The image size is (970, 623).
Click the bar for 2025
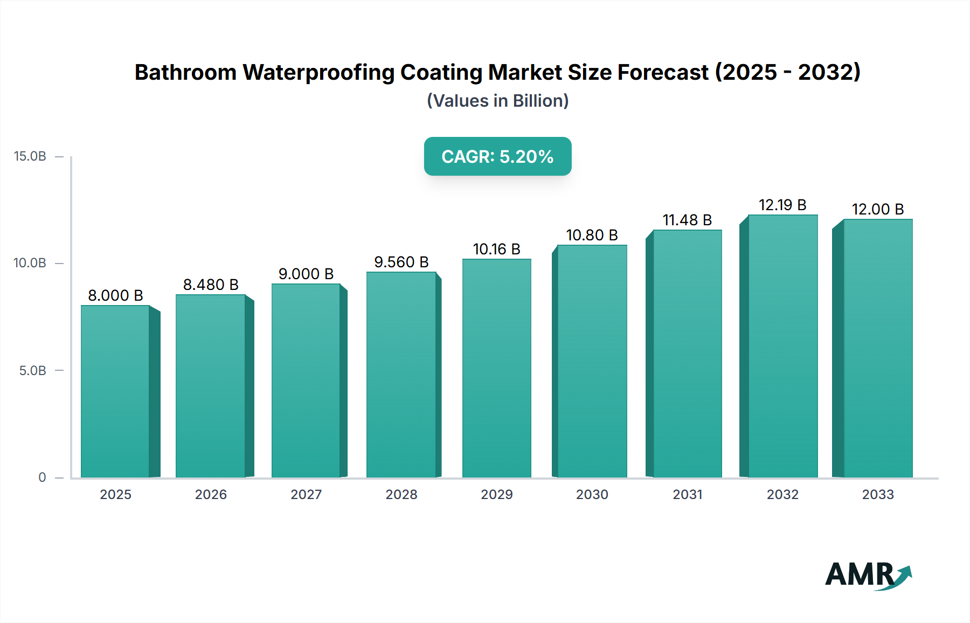click(115, 391)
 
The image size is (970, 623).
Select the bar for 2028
click(401, 375)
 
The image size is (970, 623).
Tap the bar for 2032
click(782, 346)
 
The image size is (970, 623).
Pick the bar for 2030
click(592, 361)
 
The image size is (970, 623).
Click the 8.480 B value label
click(211, 285)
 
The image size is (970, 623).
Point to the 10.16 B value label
click(496, 249)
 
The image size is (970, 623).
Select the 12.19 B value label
click(782, 205)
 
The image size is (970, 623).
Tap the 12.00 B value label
click(877, 209)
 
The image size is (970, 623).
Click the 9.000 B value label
click(306, 274)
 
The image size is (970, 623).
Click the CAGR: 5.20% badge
click(497, 156)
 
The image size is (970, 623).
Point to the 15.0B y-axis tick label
click(30, 156)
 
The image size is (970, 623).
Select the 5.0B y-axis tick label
click(32, 371)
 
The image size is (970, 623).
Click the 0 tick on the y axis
click(42, 477)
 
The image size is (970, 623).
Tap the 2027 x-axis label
click(306, 494)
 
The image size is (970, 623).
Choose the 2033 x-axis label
click(878, 494)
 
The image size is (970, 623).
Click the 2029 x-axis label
click(496, 494)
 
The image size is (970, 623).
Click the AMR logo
click(868, 576)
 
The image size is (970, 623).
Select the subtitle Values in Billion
click(497, 101)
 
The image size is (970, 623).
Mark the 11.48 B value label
click(687, 220)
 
